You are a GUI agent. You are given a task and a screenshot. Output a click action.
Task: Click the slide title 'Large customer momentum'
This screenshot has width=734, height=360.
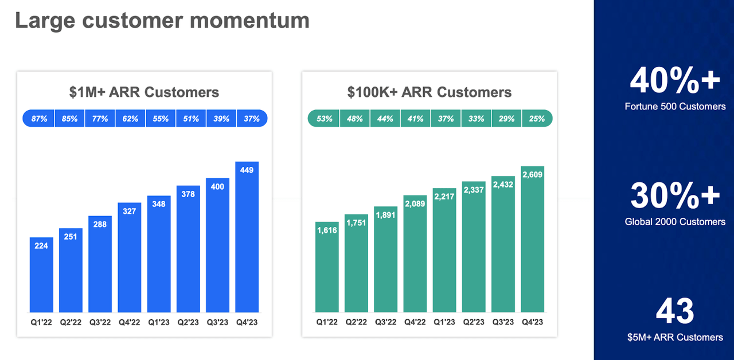point(162,20)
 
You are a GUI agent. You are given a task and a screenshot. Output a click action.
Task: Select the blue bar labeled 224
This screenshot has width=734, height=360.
point(41,275)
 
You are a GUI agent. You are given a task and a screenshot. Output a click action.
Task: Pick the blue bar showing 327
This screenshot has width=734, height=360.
point(130,258)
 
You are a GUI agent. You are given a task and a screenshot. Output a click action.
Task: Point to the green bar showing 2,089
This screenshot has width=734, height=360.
point(415,255)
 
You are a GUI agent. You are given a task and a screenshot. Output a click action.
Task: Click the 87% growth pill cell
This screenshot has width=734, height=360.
point(39,119)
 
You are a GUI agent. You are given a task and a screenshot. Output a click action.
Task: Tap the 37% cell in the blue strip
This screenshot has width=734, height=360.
point(252,119)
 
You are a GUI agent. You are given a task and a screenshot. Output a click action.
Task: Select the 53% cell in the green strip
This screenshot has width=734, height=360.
point(325,119)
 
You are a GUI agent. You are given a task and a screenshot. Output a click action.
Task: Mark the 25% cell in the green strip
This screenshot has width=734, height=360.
point(537,119)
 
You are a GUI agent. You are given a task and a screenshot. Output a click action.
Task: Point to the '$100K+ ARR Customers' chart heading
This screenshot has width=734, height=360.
point(429,92)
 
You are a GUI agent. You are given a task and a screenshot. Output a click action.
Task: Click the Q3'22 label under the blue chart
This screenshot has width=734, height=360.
point(100,322)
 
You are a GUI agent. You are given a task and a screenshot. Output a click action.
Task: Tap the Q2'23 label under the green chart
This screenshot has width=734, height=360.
point(474,322)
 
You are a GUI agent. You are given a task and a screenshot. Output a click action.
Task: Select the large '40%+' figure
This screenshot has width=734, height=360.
point(674,81)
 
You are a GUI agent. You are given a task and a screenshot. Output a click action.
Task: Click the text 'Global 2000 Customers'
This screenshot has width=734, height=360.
point(675,222)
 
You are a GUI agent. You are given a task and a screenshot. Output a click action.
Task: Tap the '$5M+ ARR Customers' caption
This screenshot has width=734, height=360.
point(675,338)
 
